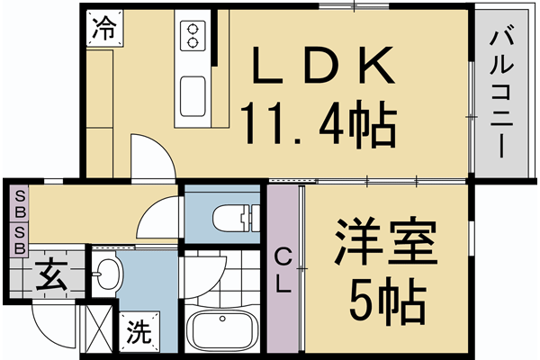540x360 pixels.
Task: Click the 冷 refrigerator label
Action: coord(103,28)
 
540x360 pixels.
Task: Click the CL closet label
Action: coord(283,270)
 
